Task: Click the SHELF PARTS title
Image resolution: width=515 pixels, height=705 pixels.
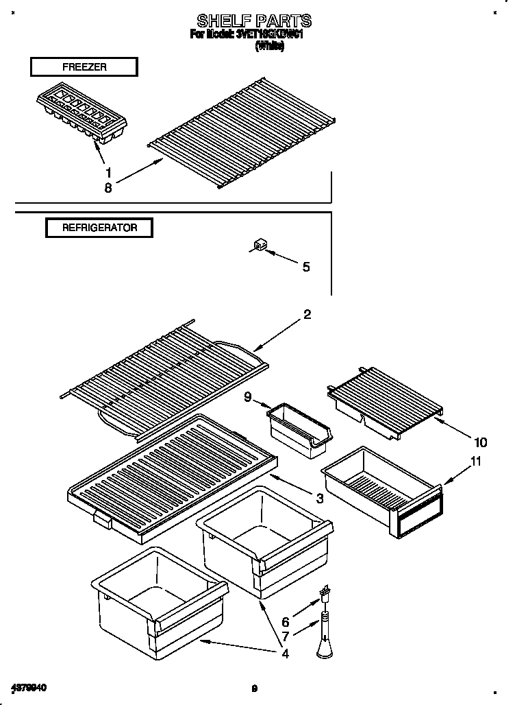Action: click(x=254, y=20)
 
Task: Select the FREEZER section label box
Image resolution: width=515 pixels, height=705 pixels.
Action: click(x=84, y=67)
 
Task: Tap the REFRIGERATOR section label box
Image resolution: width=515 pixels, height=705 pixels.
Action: click(x=99, y=228)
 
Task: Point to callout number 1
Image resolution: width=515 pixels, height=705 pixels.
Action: click(x=108, y=172)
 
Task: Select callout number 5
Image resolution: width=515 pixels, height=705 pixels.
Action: click(x=305, y=267)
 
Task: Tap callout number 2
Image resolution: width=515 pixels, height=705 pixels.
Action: click(x=307, y=315)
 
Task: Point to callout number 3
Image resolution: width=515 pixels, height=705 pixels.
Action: click(x=319, y=498)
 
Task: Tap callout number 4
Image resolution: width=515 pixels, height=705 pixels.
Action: click(x=286, y=653)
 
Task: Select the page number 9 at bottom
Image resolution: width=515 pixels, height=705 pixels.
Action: click(x=253, y=689)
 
